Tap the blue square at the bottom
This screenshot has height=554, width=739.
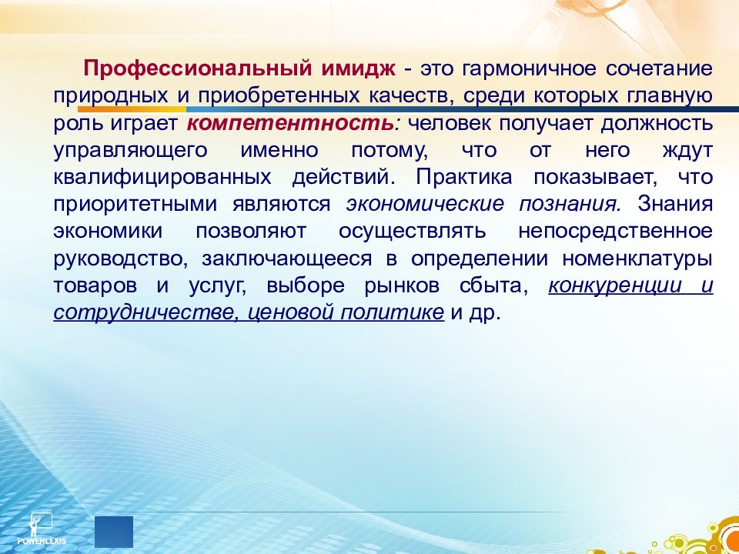(x=114, y=532)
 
